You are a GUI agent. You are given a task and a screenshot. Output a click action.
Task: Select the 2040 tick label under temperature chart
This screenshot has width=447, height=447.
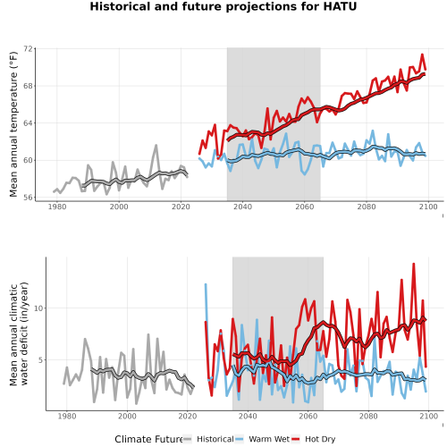(242, 207)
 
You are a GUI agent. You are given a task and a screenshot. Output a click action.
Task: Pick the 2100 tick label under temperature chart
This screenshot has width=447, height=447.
(428, 207)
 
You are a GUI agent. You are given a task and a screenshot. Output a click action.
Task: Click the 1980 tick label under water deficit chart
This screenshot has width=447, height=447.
(67, 416)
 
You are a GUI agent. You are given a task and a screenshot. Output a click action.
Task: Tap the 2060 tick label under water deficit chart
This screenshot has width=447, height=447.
(308, 416)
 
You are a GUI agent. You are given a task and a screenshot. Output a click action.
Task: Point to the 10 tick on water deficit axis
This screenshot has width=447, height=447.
(38, 308)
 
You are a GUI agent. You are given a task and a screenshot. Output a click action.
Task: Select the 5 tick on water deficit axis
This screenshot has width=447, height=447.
(41, 360)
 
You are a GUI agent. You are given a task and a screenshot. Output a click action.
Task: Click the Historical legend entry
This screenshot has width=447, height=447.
(208, 439)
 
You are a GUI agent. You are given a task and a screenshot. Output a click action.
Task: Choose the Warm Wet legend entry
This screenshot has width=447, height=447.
(263, 439)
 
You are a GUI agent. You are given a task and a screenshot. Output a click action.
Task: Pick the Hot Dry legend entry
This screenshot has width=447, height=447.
(314, 439)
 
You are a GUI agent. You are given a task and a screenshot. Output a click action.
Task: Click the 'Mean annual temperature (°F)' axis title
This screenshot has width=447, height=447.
(13, 124)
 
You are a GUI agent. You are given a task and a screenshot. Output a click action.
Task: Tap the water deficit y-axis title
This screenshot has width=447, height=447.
(19, 333)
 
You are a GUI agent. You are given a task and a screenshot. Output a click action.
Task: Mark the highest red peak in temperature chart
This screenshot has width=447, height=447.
(422, 55)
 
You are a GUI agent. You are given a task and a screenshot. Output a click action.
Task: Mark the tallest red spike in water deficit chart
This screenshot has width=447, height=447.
(413, 264)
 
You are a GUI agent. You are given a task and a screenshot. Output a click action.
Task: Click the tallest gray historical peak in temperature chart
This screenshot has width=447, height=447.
(156, 146)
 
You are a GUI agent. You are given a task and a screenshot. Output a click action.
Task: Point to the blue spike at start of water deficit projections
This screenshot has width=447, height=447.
(206, 284)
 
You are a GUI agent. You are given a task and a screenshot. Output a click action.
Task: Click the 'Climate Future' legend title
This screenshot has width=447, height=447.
(148, 439)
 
